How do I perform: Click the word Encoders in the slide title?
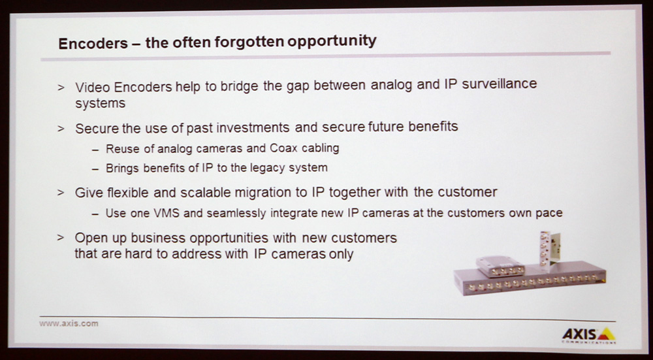coord(93,43)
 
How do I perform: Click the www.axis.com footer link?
coord(69,323)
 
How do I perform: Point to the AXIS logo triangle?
coord(607,334)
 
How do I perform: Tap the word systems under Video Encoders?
coord(100,103)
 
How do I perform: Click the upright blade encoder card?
coord(550,249)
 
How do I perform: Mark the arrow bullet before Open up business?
coord(61,238)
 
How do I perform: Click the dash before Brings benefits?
coord(96,169)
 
